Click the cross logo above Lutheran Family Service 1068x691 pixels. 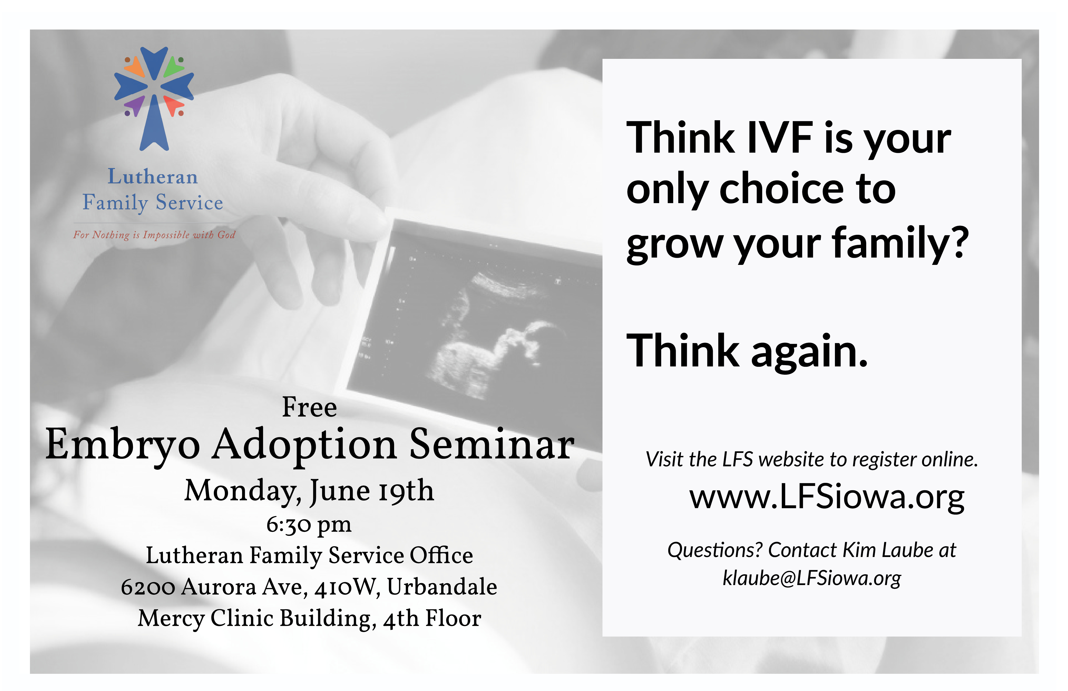pos(154,98)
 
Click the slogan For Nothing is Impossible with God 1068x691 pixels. pos(154,235)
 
